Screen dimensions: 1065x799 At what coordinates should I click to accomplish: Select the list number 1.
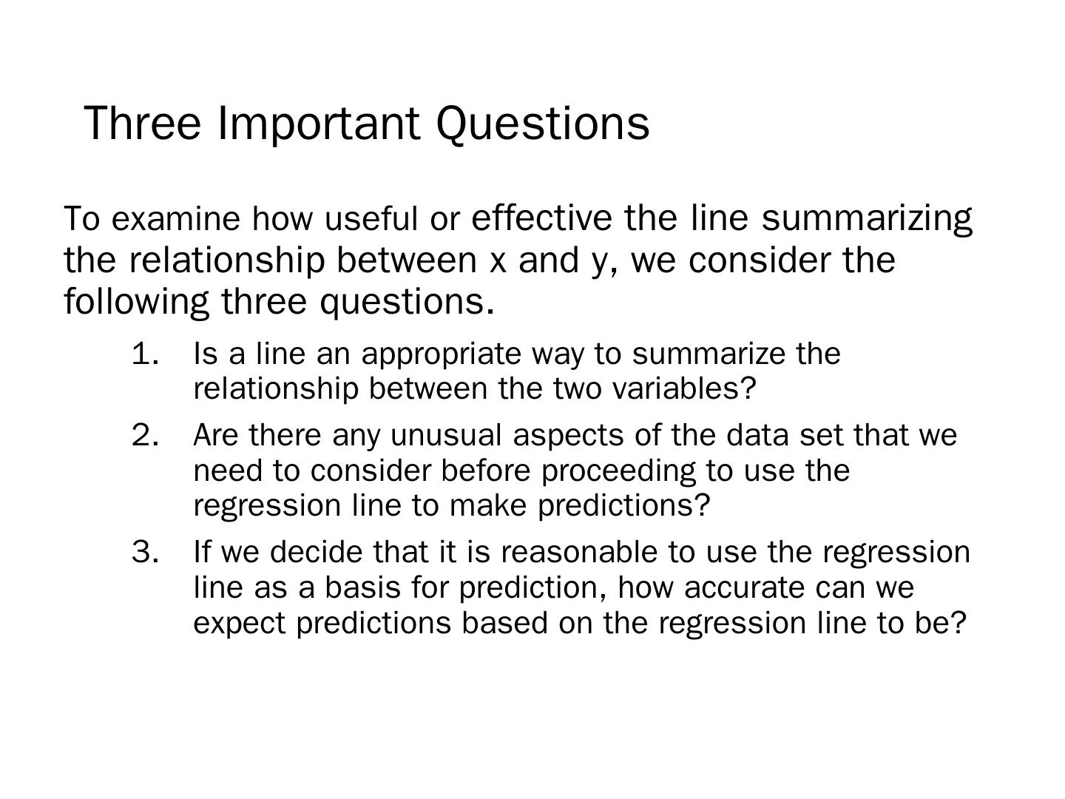tap(145, 354)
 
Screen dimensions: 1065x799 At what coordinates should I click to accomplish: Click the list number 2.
tap(145, 435)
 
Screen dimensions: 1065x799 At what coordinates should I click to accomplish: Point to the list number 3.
tap(145, 552)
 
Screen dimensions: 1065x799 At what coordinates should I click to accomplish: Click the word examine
tap(175, 219)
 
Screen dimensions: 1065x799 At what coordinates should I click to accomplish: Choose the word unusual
tap(446, 435)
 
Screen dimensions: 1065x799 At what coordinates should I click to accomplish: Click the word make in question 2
tap(488, 506)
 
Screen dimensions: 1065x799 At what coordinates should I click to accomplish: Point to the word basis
tap(363, 587)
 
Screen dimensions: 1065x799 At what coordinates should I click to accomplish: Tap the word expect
tap(240, 624)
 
